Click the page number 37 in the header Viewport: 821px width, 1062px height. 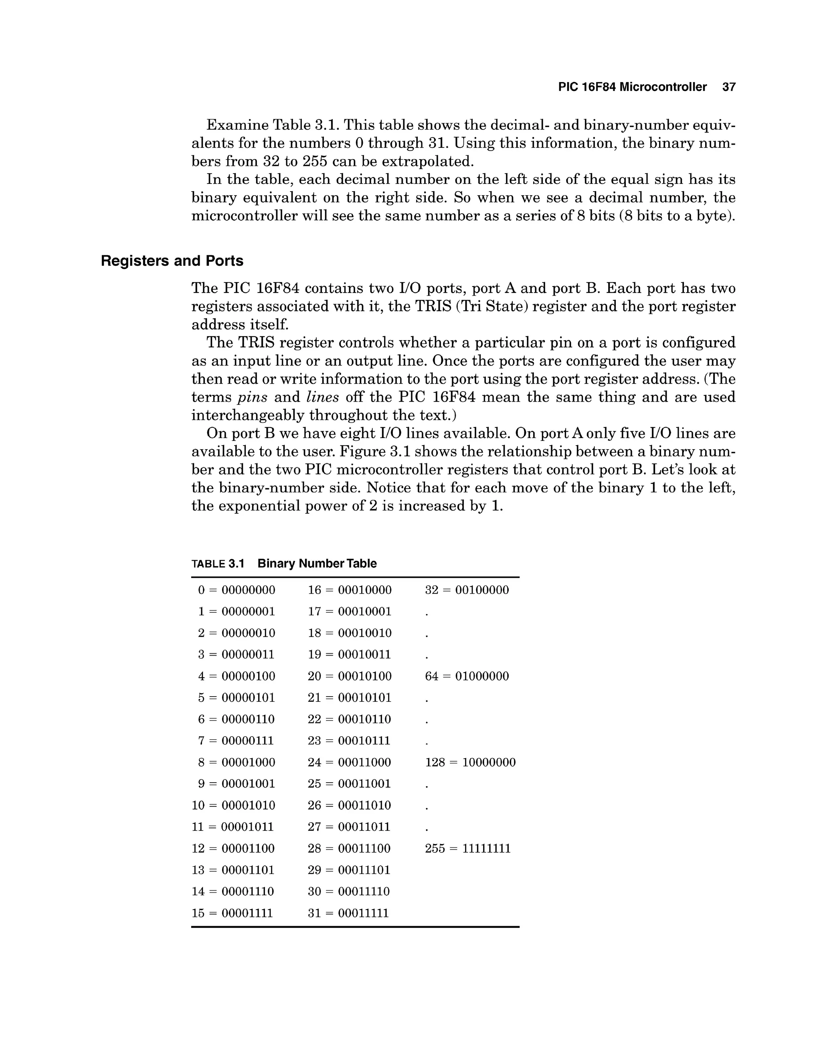point(728,87)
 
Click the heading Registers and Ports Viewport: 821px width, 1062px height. point(172,261)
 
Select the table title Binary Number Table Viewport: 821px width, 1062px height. point(317,563)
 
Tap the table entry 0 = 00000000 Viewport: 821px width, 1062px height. point(237,590)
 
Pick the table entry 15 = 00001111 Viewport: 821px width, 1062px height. point(232,913)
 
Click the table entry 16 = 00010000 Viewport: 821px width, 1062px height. point(349,590)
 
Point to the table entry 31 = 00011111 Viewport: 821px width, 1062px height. point(348,913)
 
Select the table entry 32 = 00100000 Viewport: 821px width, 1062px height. point(467,590)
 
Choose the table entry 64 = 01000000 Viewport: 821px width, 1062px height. point(467,676)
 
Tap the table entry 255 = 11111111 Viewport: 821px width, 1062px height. point(468,848)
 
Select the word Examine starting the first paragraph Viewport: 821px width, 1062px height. point(237,125)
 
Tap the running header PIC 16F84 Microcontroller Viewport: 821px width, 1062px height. point(632,87)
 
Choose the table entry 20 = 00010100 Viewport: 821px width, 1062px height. point(349,676)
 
